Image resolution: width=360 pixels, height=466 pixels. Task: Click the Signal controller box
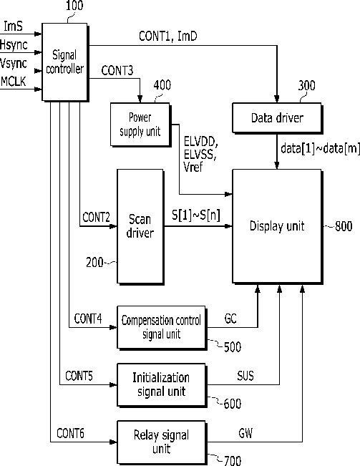(x=65, y=62)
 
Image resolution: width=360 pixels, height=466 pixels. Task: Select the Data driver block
(x=277, y=118)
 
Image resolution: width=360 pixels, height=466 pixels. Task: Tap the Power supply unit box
(x=140, y=125)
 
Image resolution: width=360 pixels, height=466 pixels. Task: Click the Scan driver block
(x=140, y=226)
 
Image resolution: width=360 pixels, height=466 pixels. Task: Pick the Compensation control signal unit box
(x=162, y=328)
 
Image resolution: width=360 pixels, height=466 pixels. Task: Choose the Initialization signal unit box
(x=162, y=385)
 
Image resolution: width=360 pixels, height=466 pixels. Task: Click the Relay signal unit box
(x=162, y=442)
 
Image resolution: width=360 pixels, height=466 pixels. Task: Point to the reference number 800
(x=344, y=226)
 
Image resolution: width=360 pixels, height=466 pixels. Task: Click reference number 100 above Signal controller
(x=74, y=5)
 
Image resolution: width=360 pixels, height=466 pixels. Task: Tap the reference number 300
(x=306, y=86)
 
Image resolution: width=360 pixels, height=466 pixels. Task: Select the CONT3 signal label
(x=117, y=71)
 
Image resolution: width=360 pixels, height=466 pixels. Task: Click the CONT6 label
(x=70, y=433)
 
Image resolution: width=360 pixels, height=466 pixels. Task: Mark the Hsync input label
(x=14, y=45)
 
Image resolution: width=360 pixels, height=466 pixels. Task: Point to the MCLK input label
(x=14, y=82)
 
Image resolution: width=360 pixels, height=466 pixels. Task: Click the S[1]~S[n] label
(x=196, y=215)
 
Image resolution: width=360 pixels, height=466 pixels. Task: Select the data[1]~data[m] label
(x=320, y=148)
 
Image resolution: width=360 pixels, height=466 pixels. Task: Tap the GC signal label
(x=230, y=319)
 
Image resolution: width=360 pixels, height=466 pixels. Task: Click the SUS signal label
(x=245, y=376)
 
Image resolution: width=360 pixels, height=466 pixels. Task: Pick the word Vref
(x=193, y=167)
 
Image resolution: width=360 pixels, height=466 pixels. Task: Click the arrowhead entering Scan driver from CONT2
(x=114, y=226)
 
